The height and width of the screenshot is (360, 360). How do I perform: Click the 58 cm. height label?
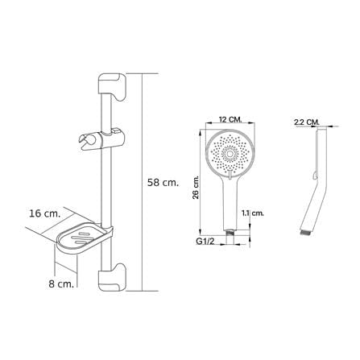(163, 183)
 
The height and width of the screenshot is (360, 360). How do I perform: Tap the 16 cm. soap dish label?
(45, 213)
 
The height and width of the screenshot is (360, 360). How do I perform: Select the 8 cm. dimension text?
(61, 284)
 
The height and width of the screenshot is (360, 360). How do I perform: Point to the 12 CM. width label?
(230, 119)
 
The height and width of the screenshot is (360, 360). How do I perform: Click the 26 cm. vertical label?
(197, 187)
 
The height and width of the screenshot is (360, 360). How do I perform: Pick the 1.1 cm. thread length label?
(253, 213)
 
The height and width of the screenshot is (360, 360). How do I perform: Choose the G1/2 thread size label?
(205, 242)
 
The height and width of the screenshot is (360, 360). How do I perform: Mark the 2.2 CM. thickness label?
(307, 122)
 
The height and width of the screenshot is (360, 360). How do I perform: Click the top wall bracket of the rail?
(112, 86)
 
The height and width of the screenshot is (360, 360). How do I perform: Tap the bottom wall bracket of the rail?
(112, 277)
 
